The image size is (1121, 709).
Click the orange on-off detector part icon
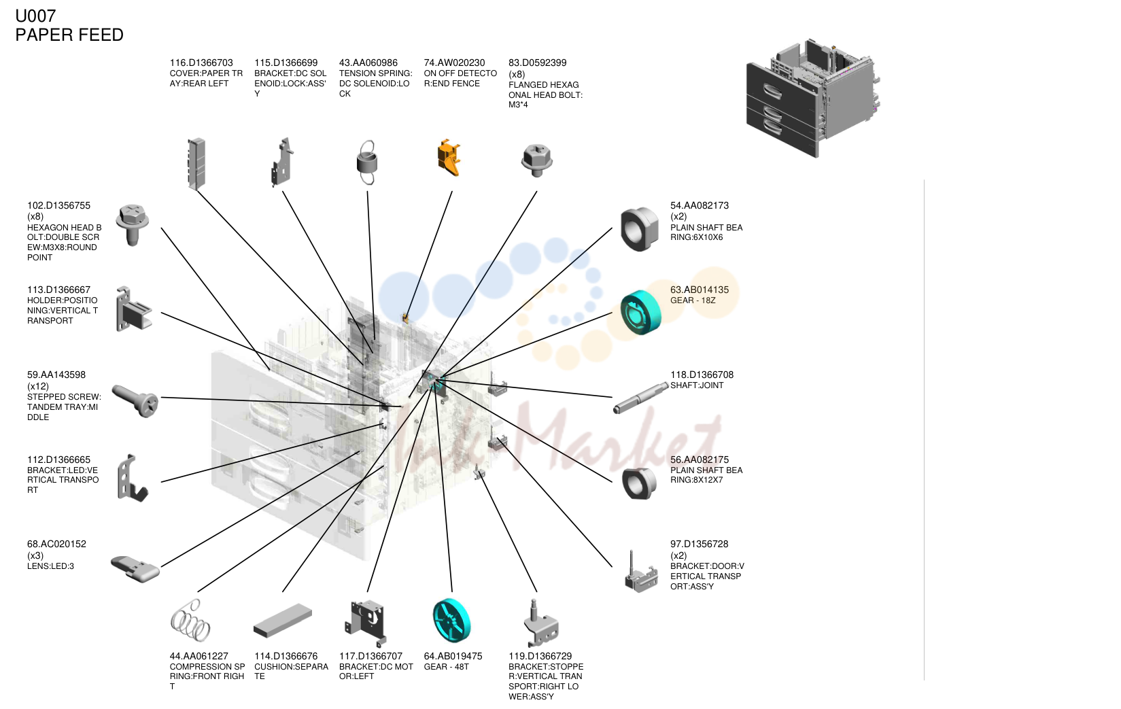pyautogui.click(x=449, y=158)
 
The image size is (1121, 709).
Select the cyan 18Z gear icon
pyautogui.click(x=640, y=312)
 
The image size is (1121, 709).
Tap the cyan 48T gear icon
pyautogui.click(x=451, y=621)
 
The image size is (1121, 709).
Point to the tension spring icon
pyautogui.click(x=367, y=162)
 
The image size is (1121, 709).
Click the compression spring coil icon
pyautogui.click(x=190, y=621)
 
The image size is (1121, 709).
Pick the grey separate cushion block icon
pyautogui.click(x=283, y=621)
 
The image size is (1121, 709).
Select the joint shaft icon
pyautogui.click(x=640, y=397)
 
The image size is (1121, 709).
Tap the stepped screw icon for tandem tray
pyautogui.click(x=135, y=400)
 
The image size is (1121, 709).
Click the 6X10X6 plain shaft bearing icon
pyautogui.click(x=640, y=229)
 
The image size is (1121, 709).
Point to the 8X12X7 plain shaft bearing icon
pyautogui.click(x=639, y=483)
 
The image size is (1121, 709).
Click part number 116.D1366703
pyautogui.click(x=201, y=63)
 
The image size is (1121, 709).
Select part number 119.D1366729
pyautogui.click(x=540, y=656)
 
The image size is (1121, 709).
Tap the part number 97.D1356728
pyautogui.click(x=699, y=544)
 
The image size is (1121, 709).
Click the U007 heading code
pyautogui.click(x=35, y=16)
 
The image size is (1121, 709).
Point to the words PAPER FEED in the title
pyautogui.click(x=69, y=35)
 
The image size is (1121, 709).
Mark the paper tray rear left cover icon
pyautogui.click(x=196, y=164)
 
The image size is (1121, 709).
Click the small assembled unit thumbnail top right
pyautogui.click(x=813, y=98)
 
